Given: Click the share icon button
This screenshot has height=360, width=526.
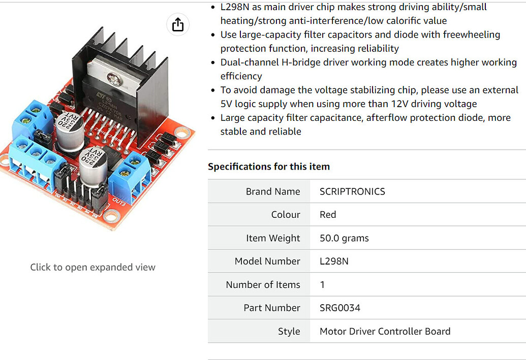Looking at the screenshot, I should (x=178, y=24).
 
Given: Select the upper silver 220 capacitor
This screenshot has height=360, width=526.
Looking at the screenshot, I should (x=70, y=133).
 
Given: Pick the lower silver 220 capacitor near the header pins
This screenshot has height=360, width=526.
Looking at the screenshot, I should (x=93, y=165).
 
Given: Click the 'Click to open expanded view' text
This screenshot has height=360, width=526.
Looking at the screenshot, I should (x=92, y=267).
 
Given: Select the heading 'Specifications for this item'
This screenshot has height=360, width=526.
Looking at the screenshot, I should (x=269, y=167).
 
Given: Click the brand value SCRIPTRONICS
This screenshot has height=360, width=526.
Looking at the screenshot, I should (x=352, y=191).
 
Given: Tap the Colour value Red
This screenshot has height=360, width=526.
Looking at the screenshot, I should (x=328, y=214).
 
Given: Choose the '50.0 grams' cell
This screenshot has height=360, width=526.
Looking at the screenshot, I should (x=344, y=238).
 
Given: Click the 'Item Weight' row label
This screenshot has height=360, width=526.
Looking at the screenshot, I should (x=273, y=238).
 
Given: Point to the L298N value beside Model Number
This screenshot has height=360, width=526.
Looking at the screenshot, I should (x=334, y=261).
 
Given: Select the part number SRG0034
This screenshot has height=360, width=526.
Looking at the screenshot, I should (x=340, y=308).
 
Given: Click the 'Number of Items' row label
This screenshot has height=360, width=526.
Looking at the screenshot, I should (x=263, y=284).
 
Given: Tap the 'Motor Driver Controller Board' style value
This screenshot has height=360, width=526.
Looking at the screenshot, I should (x=385, y=331).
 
